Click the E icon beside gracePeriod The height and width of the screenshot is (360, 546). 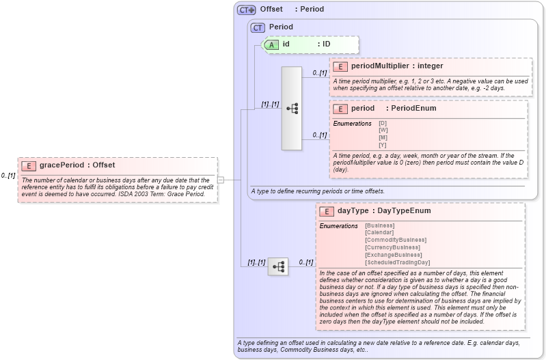[29, 165]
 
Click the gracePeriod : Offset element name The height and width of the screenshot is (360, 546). [77, 165]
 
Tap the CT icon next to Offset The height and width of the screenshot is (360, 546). [246, 10]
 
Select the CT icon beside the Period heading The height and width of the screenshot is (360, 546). [258, 27]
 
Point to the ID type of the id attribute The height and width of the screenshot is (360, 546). [327, 44]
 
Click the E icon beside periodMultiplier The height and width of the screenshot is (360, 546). [340, 66]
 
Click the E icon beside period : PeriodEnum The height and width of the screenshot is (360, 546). [340, 109]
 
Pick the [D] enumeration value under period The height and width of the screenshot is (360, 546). [383, 123]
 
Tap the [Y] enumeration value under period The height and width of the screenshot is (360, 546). [383, 145]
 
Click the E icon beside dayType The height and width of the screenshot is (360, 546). [327, 211]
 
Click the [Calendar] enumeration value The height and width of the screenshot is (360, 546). [379, 232]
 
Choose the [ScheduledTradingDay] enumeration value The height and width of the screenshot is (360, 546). [397, 262]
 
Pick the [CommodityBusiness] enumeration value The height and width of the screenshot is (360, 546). [396, 240]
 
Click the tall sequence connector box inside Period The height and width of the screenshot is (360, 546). [292, 108]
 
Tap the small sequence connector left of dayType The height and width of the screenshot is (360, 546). [277, 266]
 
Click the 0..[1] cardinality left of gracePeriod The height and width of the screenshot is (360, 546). [8, 176]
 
